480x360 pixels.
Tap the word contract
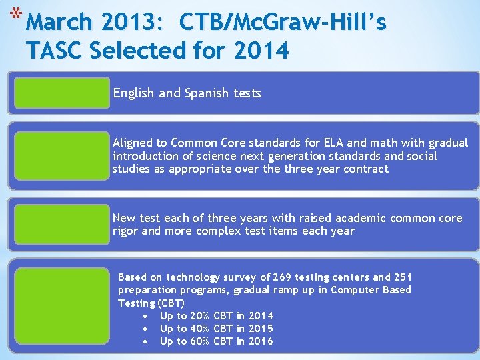click(365, 169)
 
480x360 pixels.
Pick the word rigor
click(125, 231)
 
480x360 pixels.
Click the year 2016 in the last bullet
click(261, 341)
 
